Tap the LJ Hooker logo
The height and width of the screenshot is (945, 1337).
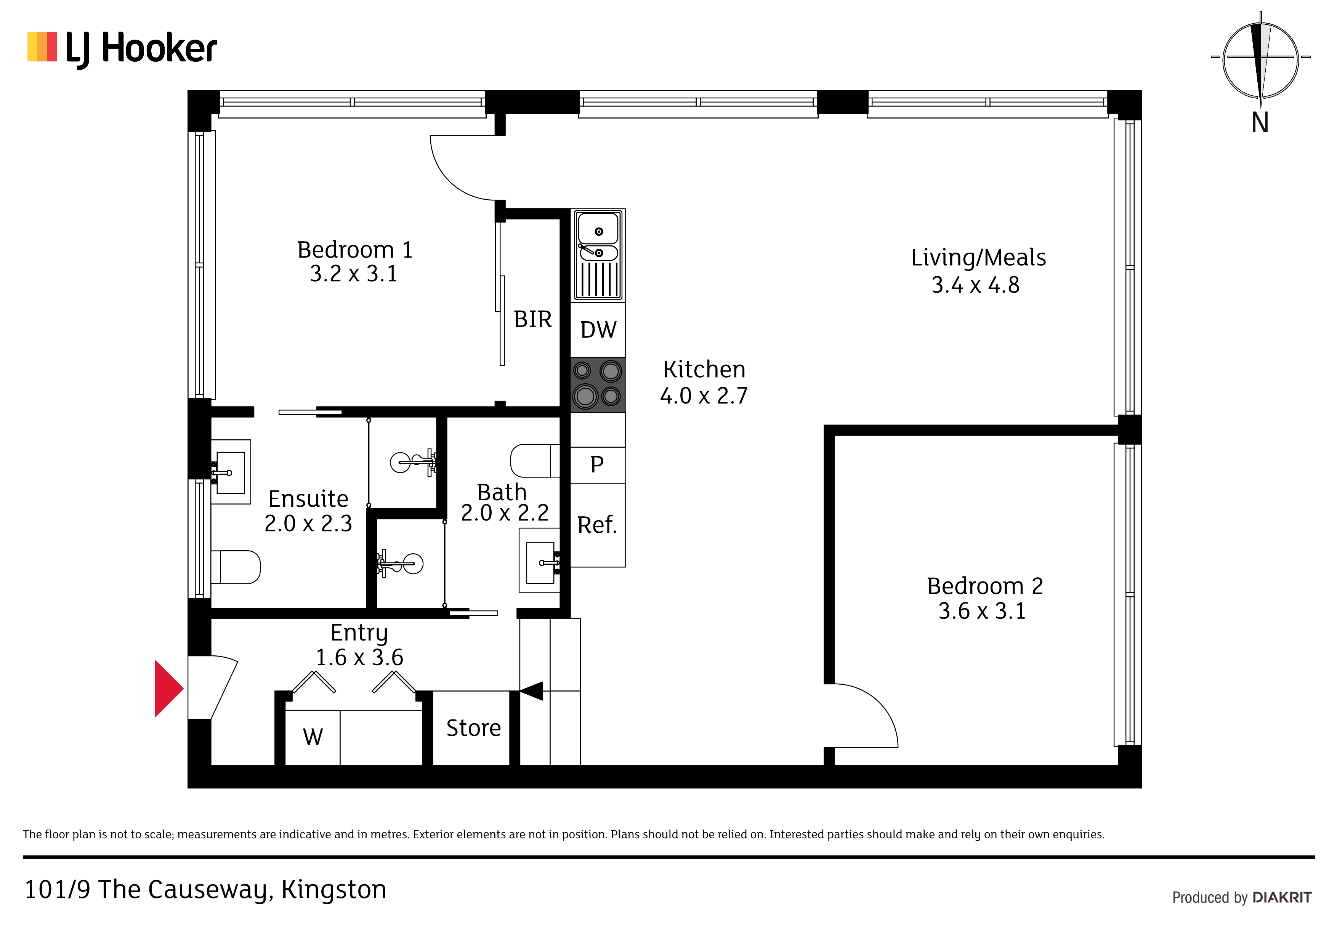pyautogui.click(x=122, y=49)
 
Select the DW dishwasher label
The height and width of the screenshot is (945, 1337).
pyautogui.click(x=598, y=330)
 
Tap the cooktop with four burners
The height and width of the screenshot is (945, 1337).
pyautogui.click(x=598, y=385)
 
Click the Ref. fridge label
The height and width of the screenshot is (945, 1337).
pyautogui.click(x=597, y=525)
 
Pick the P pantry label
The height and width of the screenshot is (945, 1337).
pyautogui.click(x=597, y=464)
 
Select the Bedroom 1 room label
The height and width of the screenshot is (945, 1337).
pyautogui.click(x=354, y=250)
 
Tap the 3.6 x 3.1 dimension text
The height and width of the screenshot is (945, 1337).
pyautogui.click(x=982, y=611)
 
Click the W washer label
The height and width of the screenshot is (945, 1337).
pyautogui.click(x=313, y=737)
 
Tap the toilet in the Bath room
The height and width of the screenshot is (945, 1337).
pyautogui.click(x=535, y=461)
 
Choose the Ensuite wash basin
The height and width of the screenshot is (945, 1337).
pyautogui.click(x=231, y=472)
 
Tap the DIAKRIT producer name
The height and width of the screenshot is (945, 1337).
pyautogui.click(x=1282, y=897)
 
